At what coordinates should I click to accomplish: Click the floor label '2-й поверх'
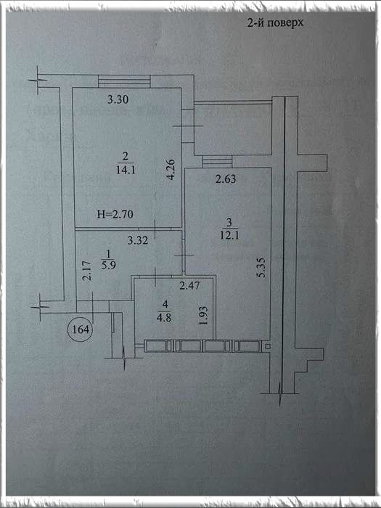pos(275,22)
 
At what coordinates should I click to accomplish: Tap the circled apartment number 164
pos(81,329)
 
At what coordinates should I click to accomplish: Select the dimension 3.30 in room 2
pos(118,99)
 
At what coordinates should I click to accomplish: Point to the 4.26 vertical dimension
pos(171,169)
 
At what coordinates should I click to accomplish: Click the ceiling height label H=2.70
pos(115,214)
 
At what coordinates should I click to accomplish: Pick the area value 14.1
pos(126,169)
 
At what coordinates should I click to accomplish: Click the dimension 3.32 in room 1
pos(138,240)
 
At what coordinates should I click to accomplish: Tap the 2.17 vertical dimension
pos(86,271)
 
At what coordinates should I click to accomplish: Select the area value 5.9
pos(109,266)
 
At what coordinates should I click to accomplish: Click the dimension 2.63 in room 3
pos(226,179)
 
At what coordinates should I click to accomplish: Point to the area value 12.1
pos(230,235)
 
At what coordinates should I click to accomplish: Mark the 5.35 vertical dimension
pos(262,267)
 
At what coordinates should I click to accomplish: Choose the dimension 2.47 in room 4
pos(189,285)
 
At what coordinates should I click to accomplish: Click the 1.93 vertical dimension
pos(203,316)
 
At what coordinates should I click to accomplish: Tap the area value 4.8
pos(164,318)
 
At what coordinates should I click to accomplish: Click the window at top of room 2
pos(124,81)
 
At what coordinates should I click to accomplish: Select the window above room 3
pos(218,161)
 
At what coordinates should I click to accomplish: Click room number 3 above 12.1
pos(230,222)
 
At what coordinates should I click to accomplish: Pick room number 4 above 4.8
pos(165,304)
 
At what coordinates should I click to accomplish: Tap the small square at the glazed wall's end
pos(267,347)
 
